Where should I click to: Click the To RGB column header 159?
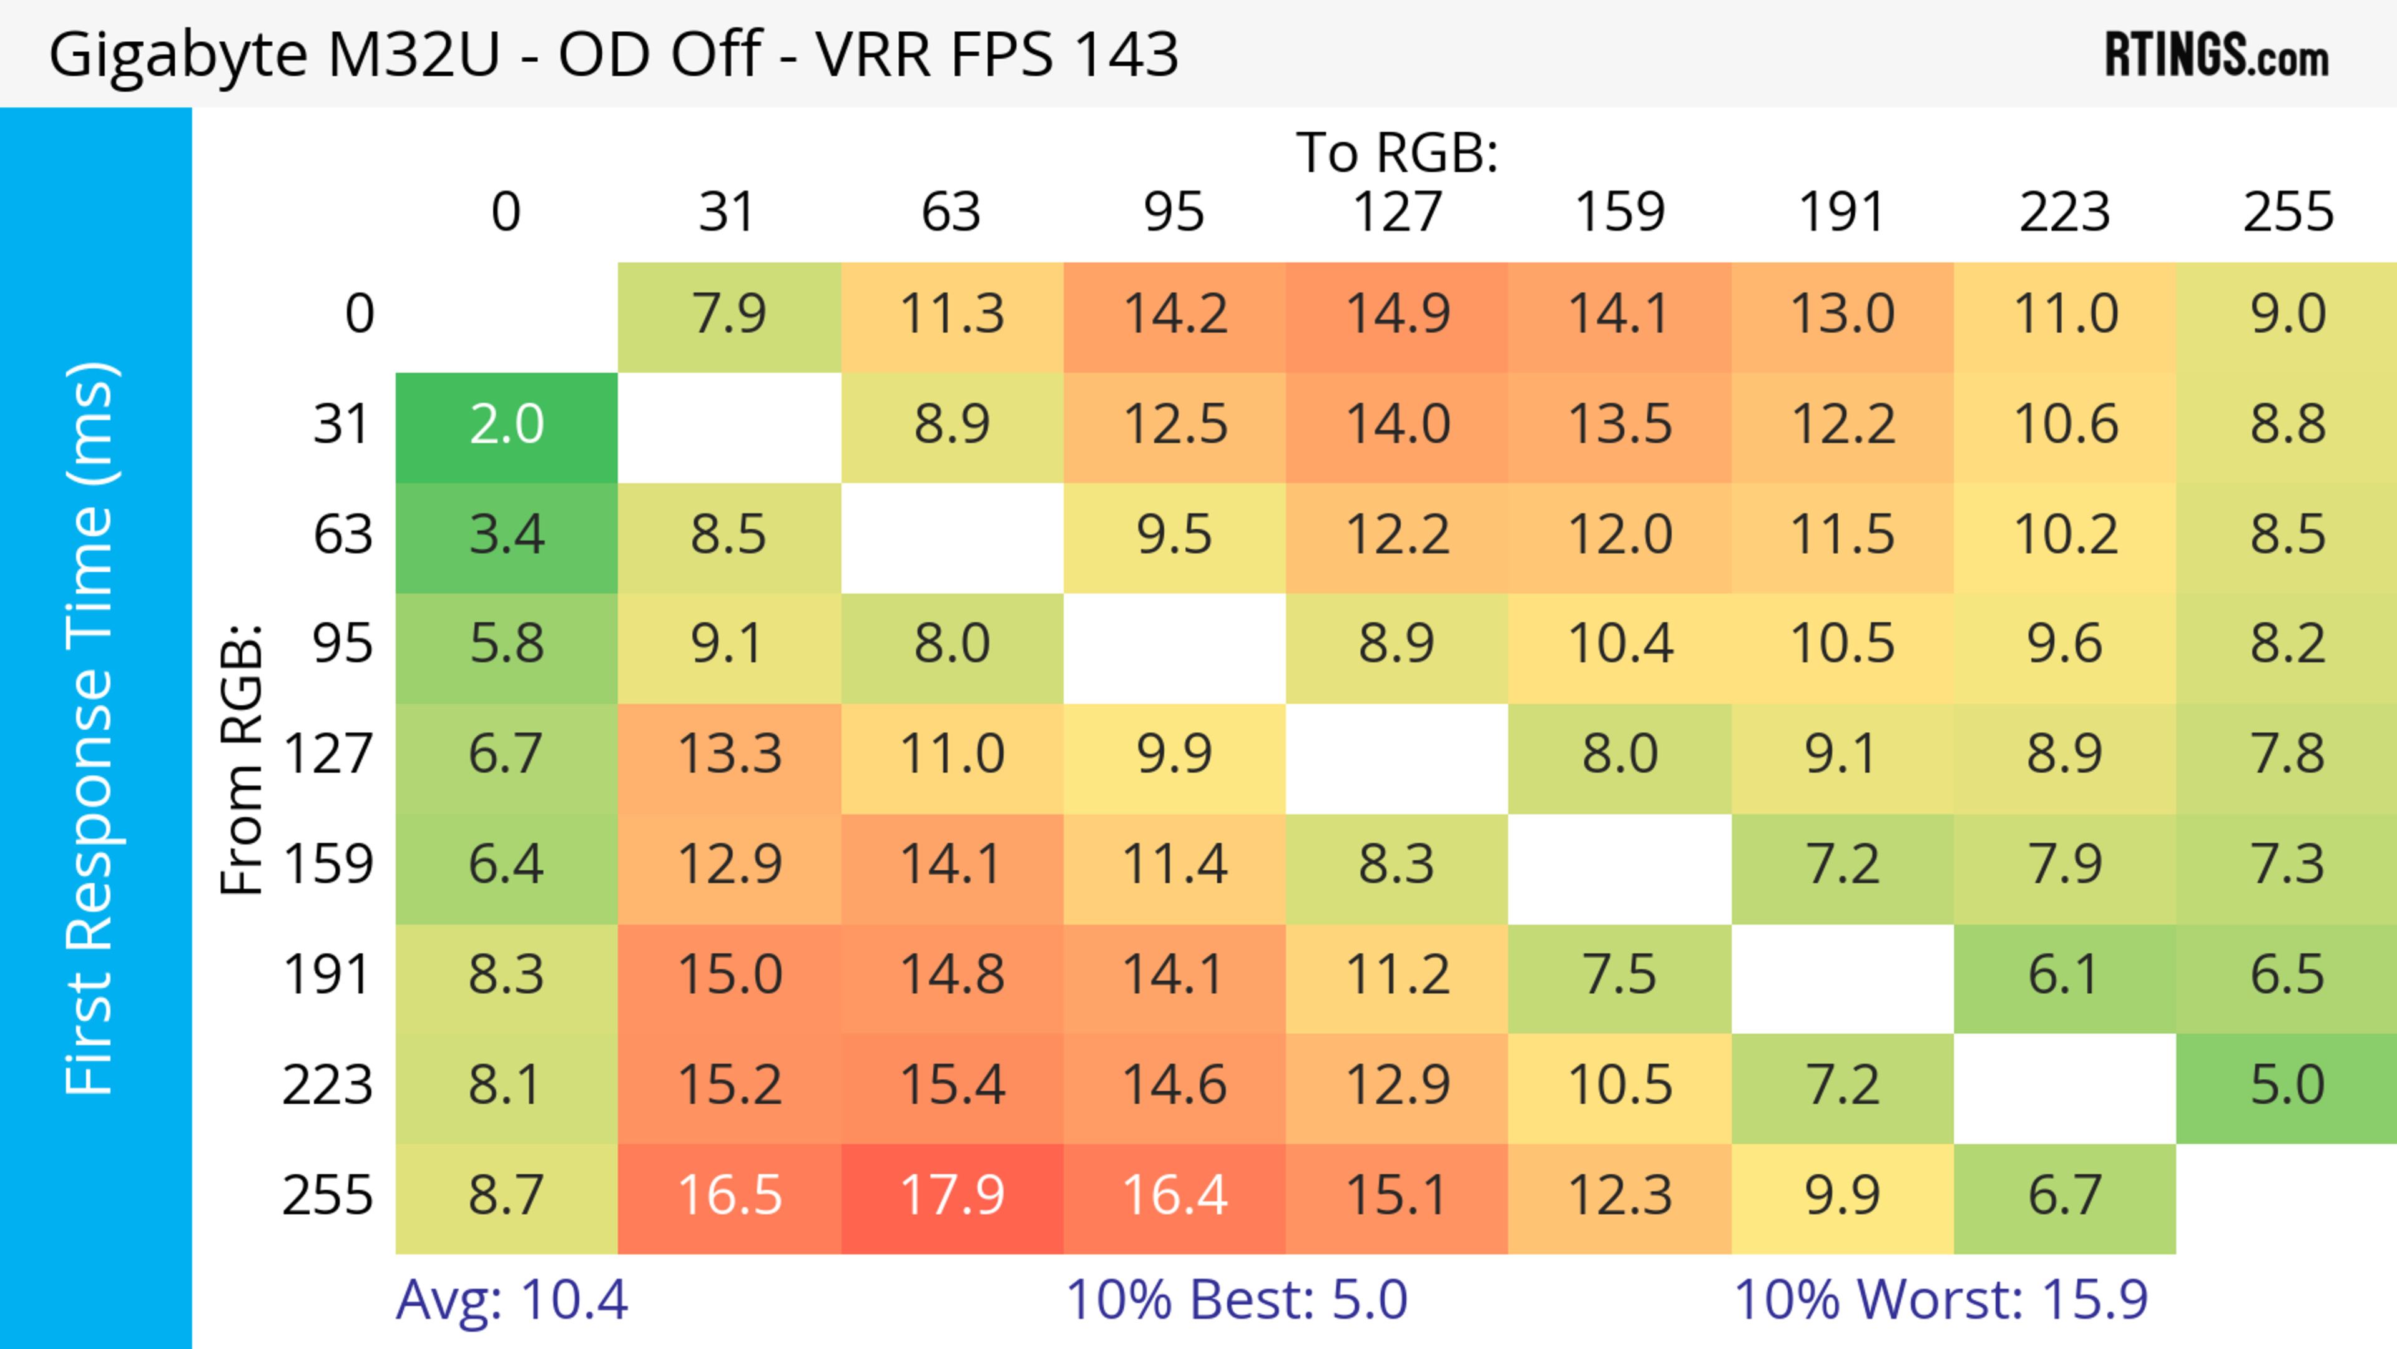(x=1619, y=212)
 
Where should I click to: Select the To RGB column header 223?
(x=2065, y=212)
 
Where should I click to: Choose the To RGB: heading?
(x=1397, y=152)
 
